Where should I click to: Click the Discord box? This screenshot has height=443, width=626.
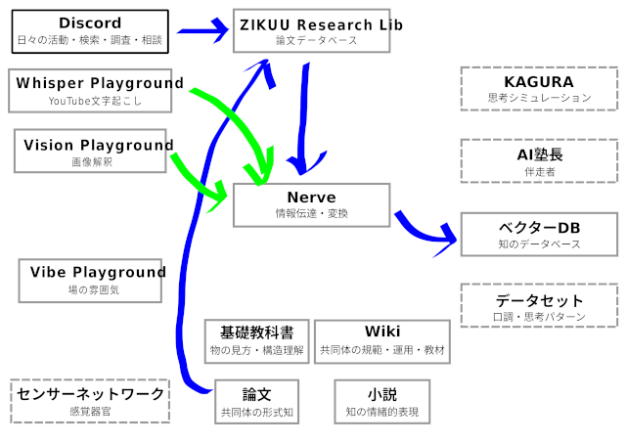click(x=90, y=31)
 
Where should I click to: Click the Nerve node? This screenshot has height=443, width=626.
click(x=311, y=204)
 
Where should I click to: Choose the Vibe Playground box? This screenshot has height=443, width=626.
click(x=93, y=280)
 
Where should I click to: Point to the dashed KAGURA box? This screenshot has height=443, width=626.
click(x=539, y=89)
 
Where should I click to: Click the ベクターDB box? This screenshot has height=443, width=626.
click(x=539, y=235)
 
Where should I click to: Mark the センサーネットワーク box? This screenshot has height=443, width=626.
click(x=90, y=401)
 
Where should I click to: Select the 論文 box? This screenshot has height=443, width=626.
click(x=256, y=402)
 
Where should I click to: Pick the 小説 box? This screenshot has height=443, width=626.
click(x=381, y=402)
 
